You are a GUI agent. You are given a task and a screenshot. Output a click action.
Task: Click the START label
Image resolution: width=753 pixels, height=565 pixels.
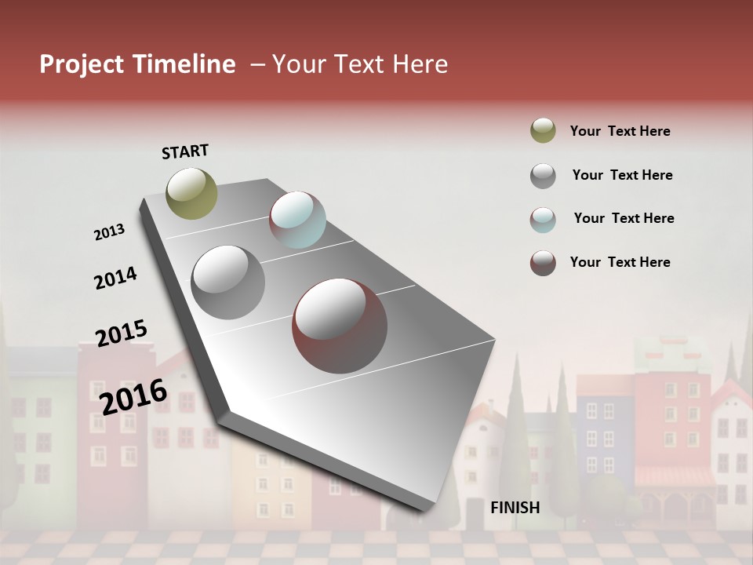tap(185, 151)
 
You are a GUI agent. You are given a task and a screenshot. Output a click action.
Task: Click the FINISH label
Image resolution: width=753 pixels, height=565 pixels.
tap(515, 508)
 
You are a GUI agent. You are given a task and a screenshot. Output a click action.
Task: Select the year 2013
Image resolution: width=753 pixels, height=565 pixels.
tap(109, 232)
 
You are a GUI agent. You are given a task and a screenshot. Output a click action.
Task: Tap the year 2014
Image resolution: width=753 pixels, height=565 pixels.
tap(115, 278)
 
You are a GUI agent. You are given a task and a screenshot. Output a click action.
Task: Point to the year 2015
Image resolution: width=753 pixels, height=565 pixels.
tap(122, 334)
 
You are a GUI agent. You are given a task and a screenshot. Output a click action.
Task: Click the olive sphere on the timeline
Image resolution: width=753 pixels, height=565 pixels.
tap(192, 193)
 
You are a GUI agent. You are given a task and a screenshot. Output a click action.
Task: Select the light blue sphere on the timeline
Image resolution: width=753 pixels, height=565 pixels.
tap(297, 220)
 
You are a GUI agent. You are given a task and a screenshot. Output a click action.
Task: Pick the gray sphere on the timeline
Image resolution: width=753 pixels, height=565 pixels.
tap(228, 282)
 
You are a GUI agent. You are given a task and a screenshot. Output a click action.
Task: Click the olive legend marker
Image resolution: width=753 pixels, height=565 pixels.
tap(543, 130)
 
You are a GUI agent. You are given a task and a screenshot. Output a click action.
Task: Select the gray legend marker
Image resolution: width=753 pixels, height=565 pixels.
tap(543, 176)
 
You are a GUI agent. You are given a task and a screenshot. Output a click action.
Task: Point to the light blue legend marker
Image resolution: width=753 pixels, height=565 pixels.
tap(543, 220)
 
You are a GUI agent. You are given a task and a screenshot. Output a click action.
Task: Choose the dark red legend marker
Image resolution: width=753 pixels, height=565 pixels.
tap(543, 263)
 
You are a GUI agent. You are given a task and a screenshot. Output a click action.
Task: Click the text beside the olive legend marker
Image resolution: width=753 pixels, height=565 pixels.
tap(620, 131)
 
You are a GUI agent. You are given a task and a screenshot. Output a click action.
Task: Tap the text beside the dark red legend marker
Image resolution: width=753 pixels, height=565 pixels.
tap(620, 262)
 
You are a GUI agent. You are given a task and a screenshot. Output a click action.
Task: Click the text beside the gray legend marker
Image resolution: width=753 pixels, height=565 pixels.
tap(622, 175)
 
